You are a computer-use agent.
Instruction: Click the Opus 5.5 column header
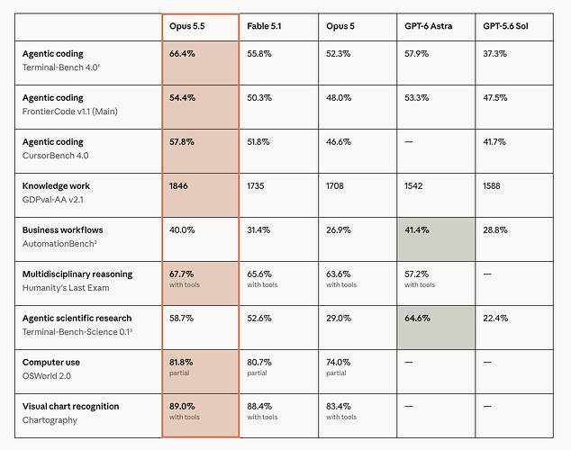tap(186, 26)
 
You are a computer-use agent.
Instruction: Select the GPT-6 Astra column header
tap(429, 26)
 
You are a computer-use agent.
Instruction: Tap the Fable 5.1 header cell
tap(264, 26)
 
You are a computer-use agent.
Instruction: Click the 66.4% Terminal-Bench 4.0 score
tap(182, 54)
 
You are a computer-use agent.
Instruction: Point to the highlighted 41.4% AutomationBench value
tap(417, 229)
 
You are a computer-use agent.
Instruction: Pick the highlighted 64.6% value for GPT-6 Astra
tap(417, 319)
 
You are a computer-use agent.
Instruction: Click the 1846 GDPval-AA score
tap(178, 186)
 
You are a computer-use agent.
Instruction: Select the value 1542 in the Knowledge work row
tap(413, 186)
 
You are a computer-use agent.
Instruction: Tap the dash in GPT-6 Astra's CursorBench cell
tap(409, 142)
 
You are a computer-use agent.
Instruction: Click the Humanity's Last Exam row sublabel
tap(66, 288)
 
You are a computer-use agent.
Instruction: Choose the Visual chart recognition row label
tap(70, 406)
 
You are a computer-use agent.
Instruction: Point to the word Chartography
tap(50, 420)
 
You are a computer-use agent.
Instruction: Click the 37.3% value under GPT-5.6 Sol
tap(494, 54)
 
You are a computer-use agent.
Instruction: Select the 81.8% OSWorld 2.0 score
tap(181, 363)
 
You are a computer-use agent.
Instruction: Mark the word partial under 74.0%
tap(336, 373)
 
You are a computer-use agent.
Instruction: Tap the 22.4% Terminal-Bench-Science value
tap(495, 319)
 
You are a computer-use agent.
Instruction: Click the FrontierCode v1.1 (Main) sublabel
tap(70, 112)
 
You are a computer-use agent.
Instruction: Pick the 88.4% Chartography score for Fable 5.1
tap(259, 406)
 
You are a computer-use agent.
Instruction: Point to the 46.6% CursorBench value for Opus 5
tap(339, 142)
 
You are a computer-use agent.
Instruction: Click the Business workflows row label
tap(63, 229)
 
